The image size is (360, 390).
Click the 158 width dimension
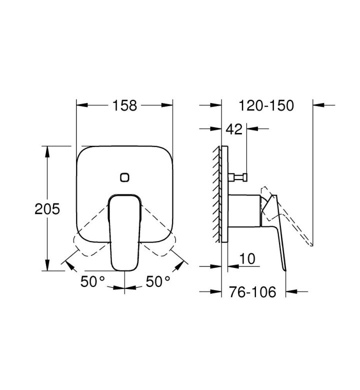coord(124,105)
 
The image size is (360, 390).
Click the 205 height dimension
coord(47,208)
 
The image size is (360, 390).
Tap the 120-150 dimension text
coord(266,105)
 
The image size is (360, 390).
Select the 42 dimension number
coord(234,129)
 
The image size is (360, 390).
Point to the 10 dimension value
coord(247,258)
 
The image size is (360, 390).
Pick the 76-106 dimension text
coord(252,292)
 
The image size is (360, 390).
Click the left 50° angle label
coord(92,281)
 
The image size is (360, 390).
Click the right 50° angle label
coord(158,281)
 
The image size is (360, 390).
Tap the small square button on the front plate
coord(124,177)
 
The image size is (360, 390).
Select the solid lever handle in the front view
coord(124,232)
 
